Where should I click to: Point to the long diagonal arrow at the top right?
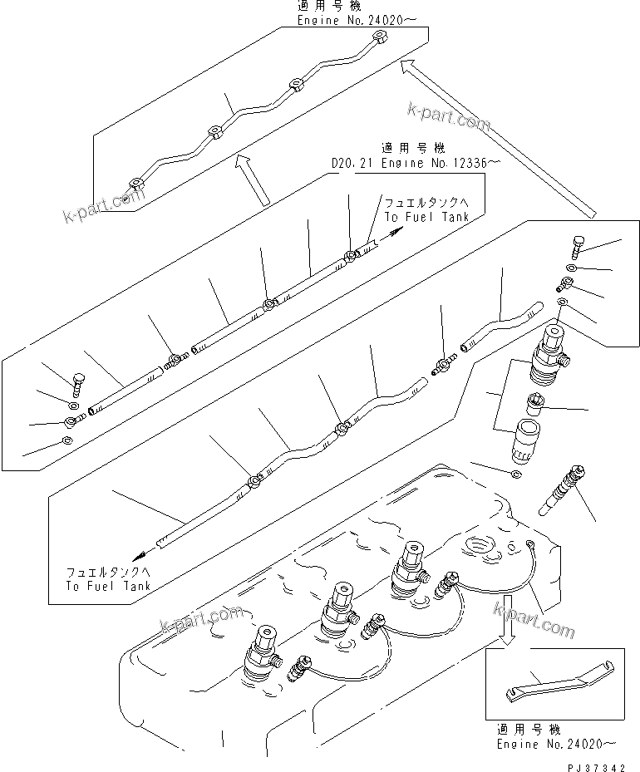499,136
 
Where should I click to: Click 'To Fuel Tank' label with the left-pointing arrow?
108,579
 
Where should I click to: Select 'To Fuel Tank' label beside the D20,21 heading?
426,209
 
